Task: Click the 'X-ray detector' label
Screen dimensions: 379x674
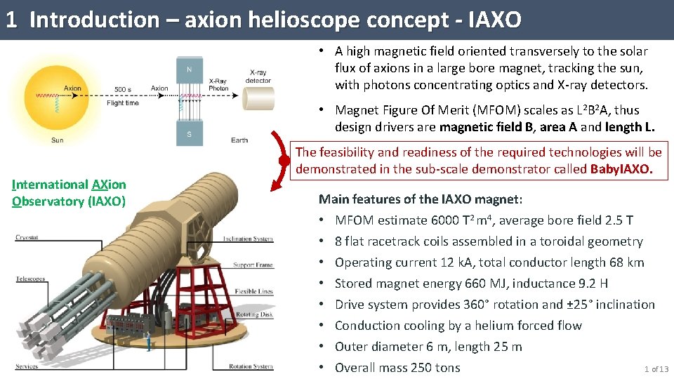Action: coord(258,77)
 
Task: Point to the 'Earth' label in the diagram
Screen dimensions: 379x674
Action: coord(239,140)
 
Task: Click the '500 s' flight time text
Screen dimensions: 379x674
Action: coord(123,89)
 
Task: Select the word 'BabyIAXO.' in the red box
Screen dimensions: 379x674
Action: coord(622,169)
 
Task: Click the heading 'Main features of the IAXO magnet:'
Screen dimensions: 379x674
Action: coord(414,199)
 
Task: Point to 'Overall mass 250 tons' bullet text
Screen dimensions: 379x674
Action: coord(397,368)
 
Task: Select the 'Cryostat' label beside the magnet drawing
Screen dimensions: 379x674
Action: coord(27,238)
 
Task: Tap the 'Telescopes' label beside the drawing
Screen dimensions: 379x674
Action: coord(29,279)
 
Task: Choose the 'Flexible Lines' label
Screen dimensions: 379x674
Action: coord(253,291)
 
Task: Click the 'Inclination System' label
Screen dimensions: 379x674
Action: coord(248,239)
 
